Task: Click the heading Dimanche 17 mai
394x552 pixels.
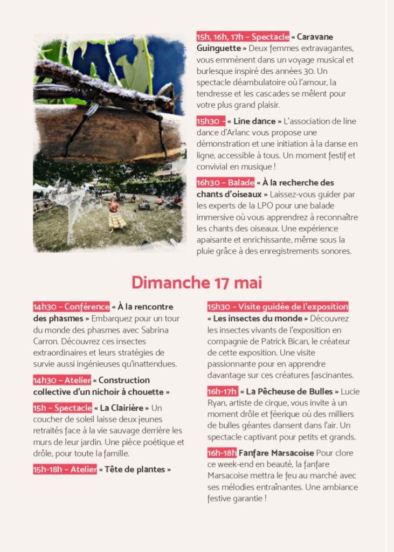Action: [x=197, y=282]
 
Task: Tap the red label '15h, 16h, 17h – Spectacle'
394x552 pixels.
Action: [x=243, y=37]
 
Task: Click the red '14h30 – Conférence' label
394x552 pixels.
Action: [x=71, y=307]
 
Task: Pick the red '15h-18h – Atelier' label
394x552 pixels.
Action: [x=65, y=470]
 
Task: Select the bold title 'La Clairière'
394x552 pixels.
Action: [x=122, y=408]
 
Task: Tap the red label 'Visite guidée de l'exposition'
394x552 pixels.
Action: [x=278, y=307]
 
